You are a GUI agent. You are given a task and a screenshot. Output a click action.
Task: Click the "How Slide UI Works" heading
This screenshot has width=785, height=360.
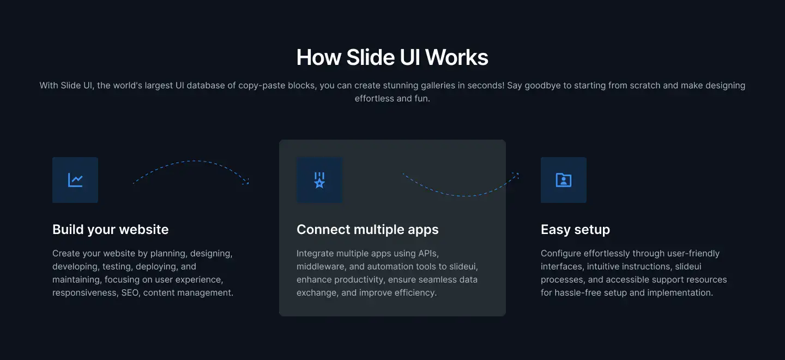[x=392, y=57]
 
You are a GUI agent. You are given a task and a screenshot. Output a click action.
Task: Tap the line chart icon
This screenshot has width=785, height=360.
[x=75, y=180]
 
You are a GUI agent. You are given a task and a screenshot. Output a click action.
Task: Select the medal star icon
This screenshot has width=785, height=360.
[x=319, y=180]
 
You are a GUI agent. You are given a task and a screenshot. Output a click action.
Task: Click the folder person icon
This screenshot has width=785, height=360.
[x=564, y=180]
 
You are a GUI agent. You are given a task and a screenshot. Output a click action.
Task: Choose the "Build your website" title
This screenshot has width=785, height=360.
[x=110, y=230]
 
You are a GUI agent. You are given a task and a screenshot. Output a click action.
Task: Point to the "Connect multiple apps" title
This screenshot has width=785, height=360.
[x=367, y=230]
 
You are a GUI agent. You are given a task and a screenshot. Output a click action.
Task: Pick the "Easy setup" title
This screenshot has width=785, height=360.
[x=575, y=230]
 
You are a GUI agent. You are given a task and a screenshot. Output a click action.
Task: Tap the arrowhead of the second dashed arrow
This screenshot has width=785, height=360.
[x=516, y=175]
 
